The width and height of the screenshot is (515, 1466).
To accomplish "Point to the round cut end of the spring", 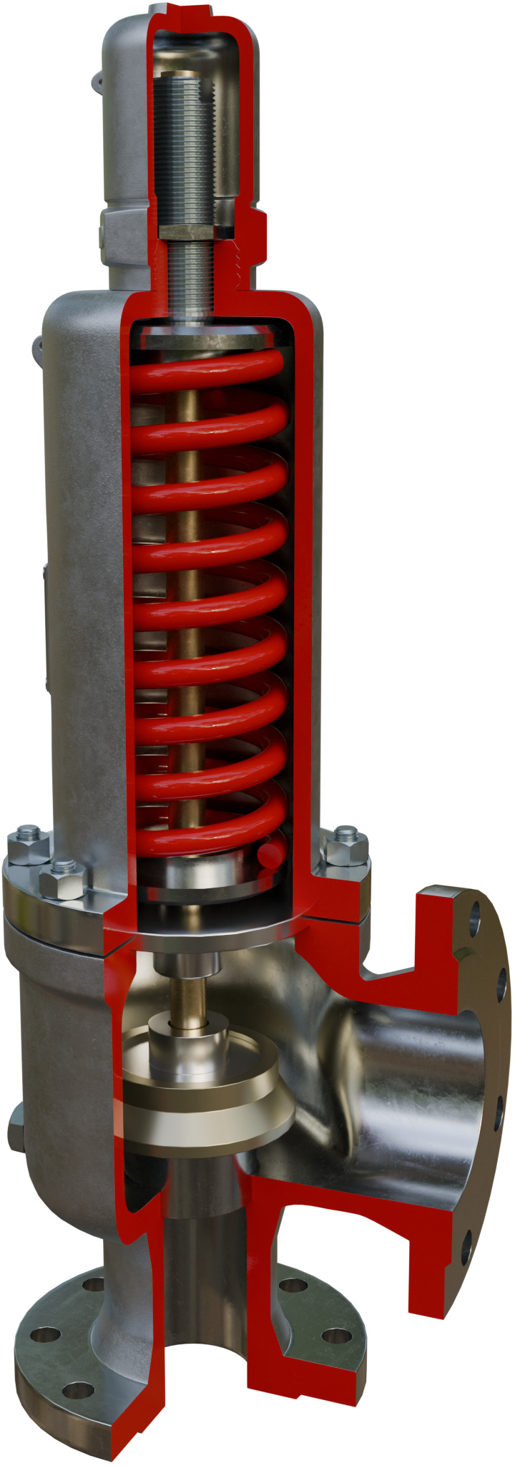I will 269,855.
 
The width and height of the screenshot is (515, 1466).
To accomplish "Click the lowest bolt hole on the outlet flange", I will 466,1249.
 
